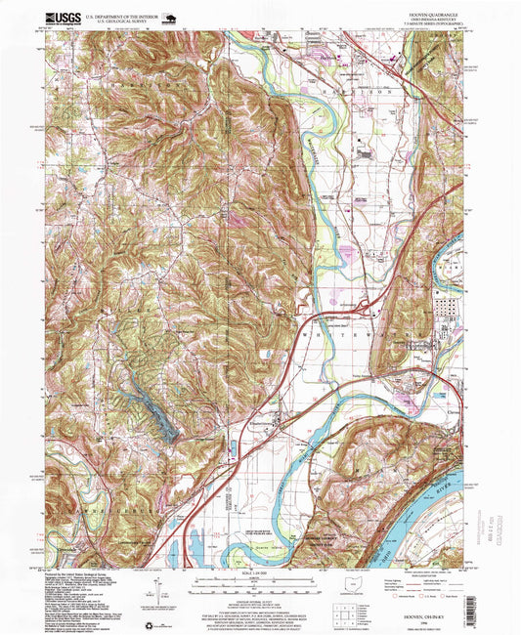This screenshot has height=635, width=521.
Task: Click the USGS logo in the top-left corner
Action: [62, 17]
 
